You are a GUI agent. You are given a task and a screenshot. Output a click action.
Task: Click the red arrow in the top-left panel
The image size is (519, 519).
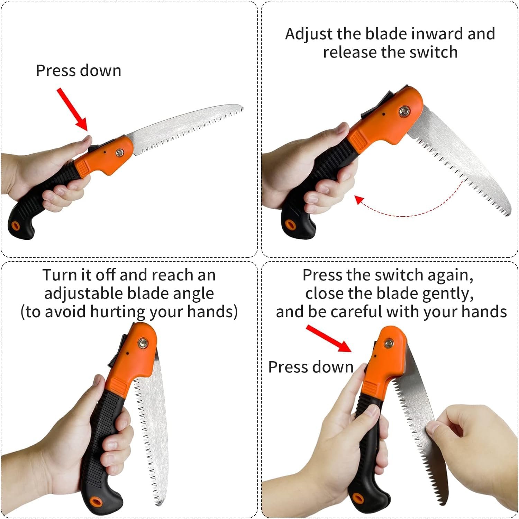72,109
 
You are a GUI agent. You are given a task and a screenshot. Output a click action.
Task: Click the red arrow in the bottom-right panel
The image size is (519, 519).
329,338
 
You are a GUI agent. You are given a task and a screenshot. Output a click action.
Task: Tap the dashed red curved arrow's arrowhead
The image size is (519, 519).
360,200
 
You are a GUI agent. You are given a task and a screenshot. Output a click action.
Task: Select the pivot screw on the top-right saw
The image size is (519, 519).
403,111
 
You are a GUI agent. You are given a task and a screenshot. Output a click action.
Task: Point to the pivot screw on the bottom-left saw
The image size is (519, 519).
142,343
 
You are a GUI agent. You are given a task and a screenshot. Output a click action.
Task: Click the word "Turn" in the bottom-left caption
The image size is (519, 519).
59,275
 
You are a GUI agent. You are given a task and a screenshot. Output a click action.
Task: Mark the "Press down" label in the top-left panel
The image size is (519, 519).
79,71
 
